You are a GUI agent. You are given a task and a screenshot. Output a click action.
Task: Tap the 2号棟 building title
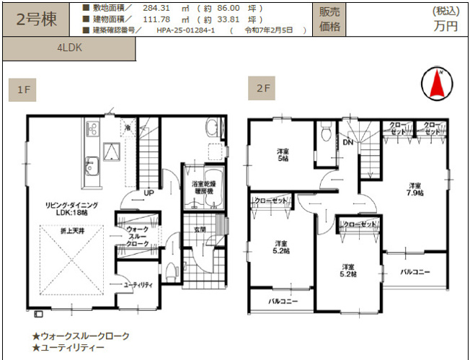[x=36, y=19]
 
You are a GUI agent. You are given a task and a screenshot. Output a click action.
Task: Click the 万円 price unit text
[x=445, y=26]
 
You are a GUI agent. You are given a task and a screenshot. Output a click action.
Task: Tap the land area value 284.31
[x=156, y=8]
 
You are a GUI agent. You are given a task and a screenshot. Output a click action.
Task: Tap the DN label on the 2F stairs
[x=347, y=142]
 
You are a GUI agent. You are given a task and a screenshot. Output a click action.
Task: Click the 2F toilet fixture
[x=326, y=134]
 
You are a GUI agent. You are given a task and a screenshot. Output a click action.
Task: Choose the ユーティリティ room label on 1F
[x=138, y=285]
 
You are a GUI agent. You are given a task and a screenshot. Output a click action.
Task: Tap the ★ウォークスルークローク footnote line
[x=81, y=336]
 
